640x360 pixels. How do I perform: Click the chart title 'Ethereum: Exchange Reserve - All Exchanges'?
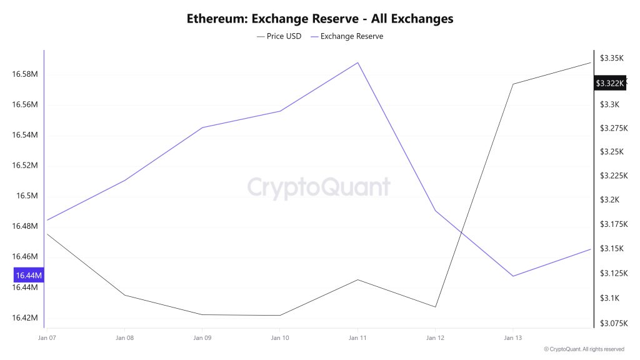tap(320, 19)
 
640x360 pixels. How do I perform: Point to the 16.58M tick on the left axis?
tap(25, 74)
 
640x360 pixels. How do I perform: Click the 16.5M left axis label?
tap(27, 196)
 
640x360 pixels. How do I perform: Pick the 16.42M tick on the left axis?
tap(25, 317)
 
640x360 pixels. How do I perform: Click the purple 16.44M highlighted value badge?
tap(28, 275)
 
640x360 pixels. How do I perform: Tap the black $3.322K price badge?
tap(609, 83)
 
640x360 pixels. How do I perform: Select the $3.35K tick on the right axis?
tap(612, 57)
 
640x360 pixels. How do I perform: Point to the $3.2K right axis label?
tap(611, 200)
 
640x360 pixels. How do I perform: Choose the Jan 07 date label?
tap(47, 337)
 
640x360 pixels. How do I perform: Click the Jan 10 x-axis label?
tap(279, 337)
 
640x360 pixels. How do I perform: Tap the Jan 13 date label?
tap(512, 337)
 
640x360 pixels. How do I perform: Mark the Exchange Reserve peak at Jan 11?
tap(357, 62)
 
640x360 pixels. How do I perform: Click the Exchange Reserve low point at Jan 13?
tap(513, 276)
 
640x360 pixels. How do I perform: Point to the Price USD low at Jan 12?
tap(435, 307)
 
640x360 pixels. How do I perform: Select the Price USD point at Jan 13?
tap(513, 84)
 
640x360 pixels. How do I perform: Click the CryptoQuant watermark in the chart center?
tap(319, 187)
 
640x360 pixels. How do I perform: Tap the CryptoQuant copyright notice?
tap(584, 349)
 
